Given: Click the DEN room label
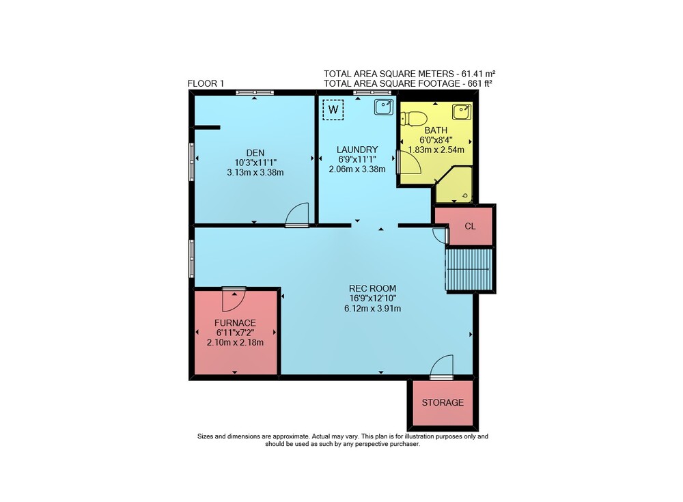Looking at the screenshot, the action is (255, 152).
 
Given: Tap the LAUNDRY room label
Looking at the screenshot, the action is (357, 150).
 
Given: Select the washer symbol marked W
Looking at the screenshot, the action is (333, 109).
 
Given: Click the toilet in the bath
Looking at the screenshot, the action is (413, 118).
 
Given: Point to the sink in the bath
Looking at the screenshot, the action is (461, 111).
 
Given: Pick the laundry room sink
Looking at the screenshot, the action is (384, 107).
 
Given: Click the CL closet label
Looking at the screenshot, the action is (470, 226).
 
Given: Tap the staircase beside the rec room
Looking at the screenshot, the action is (469, 269).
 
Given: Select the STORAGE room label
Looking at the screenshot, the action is (443, 403).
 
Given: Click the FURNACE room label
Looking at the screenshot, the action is (235, 323).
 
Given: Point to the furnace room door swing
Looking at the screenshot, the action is (234, 301).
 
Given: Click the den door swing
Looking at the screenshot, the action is (298, 214).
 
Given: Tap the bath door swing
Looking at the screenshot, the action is (409, 162).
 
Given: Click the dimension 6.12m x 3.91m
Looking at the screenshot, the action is (372, 309).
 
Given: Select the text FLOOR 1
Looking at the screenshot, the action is (206, 83).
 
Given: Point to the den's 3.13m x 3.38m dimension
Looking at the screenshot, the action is (255, 173).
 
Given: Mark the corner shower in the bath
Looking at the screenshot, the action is (454, 185).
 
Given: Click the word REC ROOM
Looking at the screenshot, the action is (372, 288).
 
